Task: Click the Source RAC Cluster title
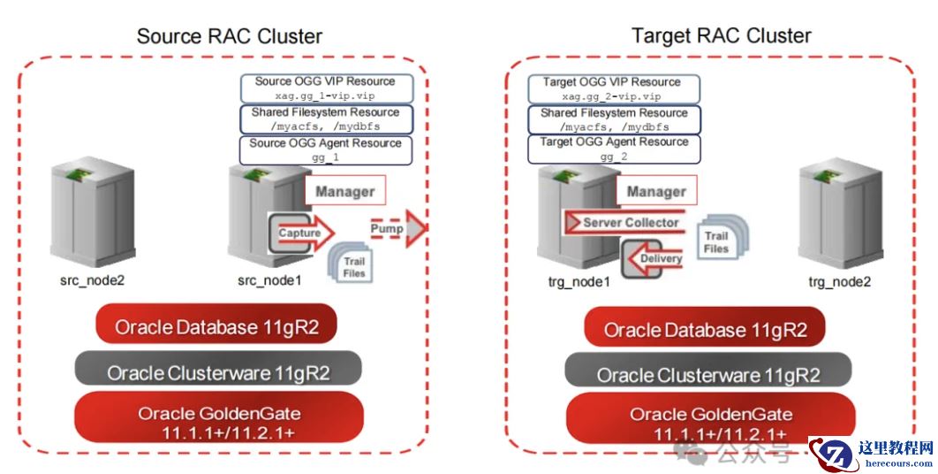229,36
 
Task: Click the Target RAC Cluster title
721,35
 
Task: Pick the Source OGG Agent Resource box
326,149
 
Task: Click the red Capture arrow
304,233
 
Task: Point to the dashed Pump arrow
392,229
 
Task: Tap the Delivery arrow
654,258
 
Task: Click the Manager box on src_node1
344,191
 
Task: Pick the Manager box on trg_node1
656,191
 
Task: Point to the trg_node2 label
839,281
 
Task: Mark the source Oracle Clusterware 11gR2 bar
218,372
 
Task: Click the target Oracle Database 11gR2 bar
705,330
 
